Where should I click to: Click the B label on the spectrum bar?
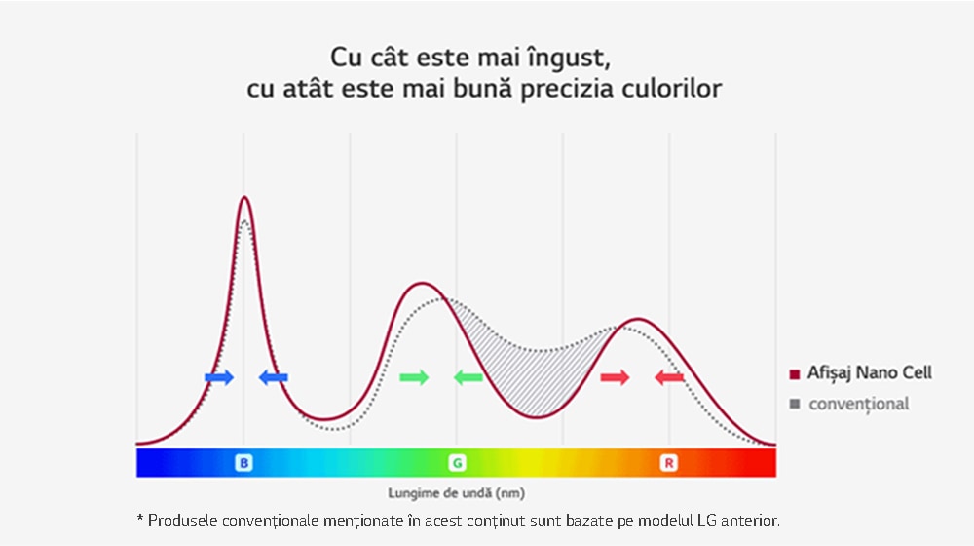pos(243,463)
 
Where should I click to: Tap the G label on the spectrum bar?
pos(457,463)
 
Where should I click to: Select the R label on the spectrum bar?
pos(668,463)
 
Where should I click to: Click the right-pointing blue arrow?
pos(219,377)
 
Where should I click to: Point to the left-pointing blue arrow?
pos(274,377)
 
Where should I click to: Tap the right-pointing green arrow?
pos(414,377)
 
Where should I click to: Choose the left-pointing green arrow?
pos(468,377)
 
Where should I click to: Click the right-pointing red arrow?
pos(615,377)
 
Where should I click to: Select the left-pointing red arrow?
pos(669,377)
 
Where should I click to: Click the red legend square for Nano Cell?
pos(795,373)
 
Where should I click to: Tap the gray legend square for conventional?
pos(795,405)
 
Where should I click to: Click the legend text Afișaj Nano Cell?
pos(870,373)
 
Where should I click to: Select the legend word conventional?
pos(858,405)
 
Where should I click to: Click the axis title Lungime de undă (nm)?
pos(457,493)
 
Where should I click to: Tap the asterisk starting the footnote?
pos(140,519)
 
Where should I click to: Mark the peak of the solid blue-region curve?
pos(244,197)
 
